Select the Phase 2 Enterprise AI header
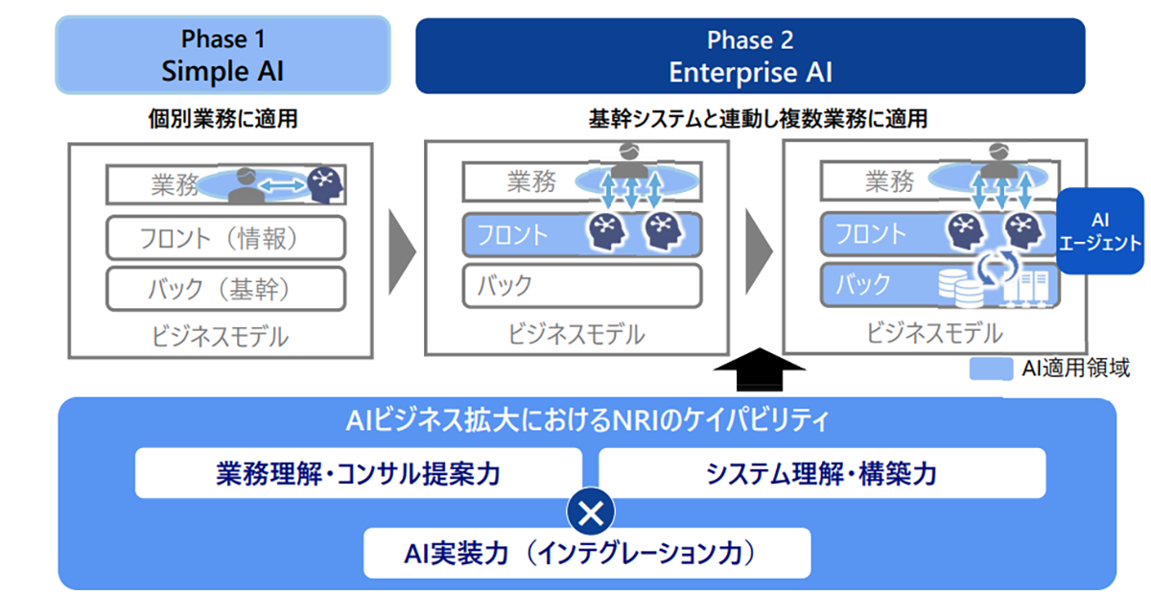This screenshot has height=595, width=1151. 749,56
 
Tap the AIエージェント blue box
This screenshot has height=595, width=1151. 1099,231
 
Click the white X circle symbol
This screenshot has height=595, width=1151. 591,512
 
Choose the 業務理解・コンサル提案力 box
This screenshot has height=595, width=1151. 358,473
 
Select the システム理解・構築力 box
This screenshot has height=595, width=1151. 821,473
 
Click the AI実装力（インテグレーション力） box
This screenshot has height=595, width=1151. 587,553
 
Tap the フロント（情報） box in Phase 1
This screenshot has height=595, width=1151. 224,237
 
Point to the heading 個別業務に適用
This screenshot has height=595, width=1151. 223,121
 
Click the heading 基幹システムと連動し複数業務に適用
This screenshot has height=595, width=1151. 757,121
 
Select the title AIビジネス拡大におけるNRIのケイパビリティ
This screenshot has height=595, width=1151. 586,420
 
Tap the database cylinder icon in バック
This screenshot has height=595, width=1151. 956,284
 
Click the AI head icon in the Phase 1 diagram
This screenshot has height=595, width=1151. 324,182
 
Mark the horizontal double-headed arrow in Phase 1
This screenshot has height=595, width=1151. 280,185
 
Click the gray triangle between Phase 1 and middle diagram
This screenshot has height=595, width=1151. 402,251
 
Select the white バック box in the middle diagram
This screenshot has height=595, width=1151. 582,285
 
